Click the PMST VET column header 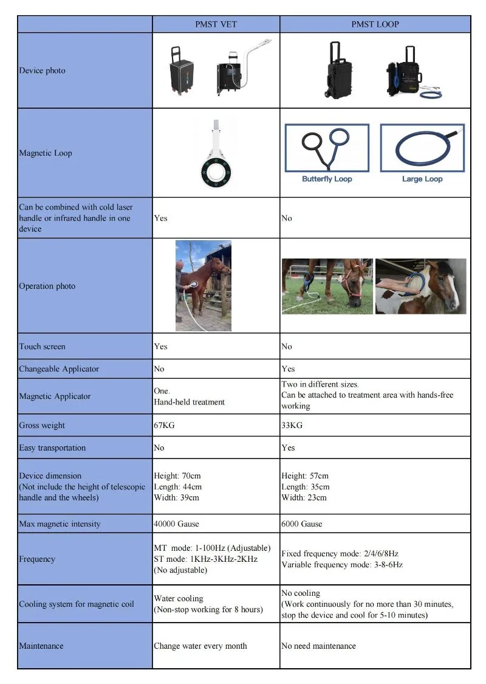[216, 24]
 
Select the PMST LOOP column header [375, 24]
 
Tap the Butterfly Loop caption [327, 179]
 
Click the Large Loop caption [422, 179]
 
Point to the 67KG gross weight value [164, 426]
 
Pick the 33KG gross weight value [292, 426]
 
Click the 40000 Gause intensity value [176, 524]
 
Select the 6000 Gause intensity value [302, 524]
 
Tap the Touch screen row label [42, 347]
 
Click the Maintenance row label [41, 646]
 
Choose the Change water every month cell [200, 646]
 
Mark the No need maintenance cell [318, 646]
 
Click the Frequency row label [37, 559]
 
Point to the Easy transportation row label [52, 448]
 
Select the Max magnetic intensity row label [60, 524]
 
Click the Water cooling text [179, 599]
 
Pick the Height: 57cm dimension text [305, 476]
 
